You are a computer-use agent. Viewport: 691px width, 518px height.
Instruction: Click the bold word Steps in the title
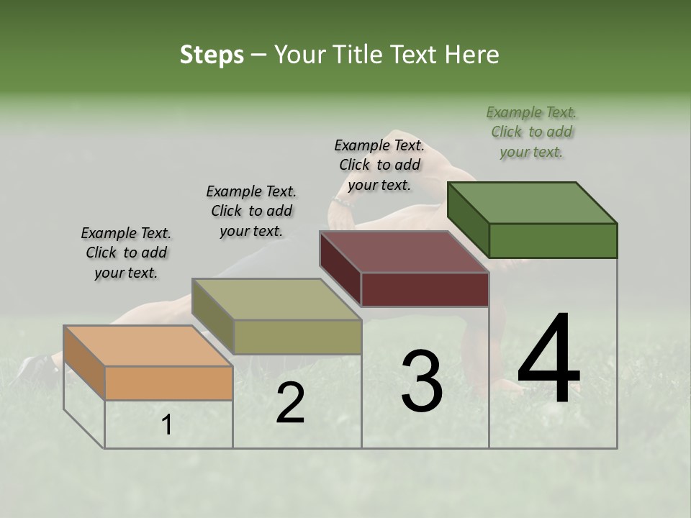212,55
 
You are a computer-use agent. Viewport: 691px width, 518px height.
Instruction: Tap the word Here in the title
472,55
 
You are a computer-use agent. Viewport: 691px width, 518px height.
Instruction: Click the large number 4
548,361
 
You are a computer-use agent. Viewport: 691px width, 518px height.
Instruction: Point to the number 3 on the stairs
421,381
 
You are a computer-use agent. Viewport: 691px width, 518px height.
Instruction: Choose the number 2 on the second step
290,404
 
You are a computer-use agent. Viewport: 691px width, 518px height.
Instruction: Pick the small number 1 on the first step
167,425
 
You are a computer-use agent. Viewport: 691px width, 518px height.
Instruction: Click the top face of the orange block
148,345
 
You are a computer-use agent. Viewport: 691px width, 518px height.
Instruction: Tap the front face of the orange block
168,383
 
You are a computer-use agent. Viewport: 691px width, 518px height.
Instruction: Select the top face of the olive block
277,299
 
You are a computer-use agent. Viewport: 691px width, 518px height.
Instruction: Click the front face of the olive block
297,337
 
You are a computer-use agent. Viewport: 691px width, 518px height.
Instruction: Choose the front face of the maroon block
425,289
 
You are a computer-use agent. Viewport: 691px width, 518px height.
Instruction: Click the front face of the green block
553,240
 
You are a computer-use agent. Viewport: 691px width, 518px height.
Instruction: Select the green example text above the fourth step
531,132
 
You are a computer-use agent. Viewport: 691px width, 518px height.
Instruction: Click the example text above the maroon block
379,165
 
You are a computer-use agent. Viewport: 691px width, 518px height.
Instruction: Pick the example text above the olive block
251,211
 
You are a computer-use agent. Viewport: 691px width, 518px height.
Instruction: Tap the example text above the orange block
126,253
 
